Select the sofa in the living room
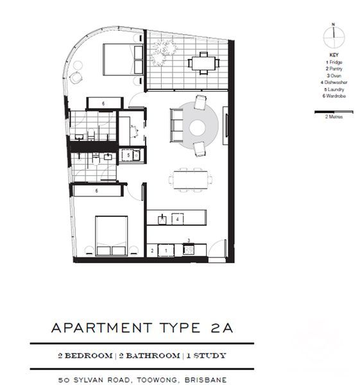[176, 126]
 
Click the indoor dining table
[193, 179]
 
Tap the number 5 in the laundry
[129, 155]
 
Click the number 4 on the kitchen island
[178, 219]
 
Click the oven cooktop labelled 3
[189, 249]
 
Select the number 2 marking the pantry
[152, 249]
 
